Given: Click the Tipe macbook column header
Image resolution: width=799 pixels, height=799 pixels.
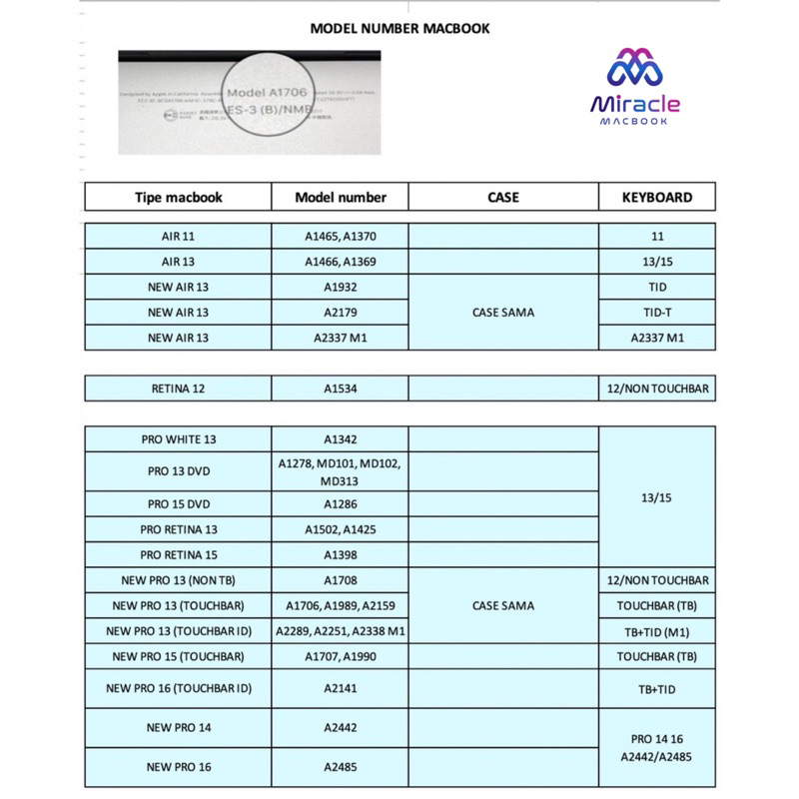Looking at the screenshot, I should pos(178,198).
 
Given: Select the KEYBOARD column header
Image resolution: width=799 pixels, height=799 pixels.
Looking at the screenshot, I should pos(657,198).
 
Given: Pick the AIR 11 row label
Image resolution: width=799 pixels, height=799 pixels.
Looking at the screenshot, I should pos(178,237).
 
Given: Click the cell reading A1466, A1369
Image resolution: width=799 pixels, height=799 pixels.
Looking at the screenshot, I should pos(341,262).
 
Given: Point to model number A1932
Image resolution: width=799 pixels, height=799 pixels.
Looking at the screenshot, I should pos(341,287).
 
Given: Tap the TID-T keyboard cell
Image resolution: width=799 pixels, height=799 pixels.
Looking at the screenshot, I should pos(657,312).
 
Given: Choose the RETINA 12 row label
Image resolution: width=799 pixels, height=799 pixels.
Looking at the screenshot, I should pos(178,388).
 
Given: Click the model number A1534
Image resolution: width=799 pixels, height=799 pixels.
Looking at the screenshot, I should pos(341,388).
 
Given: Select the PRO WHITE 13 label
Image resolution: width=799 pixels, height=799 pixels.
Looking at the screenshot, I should pos(178,439).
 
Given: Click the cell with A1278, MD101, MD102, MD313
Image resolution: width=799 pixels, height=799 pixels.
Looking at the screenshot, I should pos(341,471).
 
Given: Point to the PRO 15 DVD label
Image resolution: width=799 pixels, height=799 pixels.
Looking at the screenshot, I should pos(178,504).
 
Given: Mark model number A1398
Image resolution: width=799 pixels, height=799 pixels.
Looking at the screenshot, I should pos(341,554).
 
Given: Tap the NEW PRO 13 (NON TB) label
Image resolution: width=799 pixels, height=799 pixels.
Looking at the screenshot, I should pos(178,579).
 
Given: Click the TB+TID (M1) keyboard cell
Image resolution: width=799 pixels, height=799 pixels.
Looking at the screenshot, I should pos(657,631).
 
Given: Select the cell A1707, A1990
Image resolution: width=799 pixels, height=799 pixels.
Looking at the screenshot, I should pos(341,656).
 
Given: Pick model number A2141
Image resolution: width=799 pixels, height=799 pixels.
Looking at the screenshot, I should pos(341,688).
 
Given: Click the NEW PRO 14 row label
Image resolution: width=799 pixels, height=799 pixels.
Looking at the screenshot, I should pos(178,728).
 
